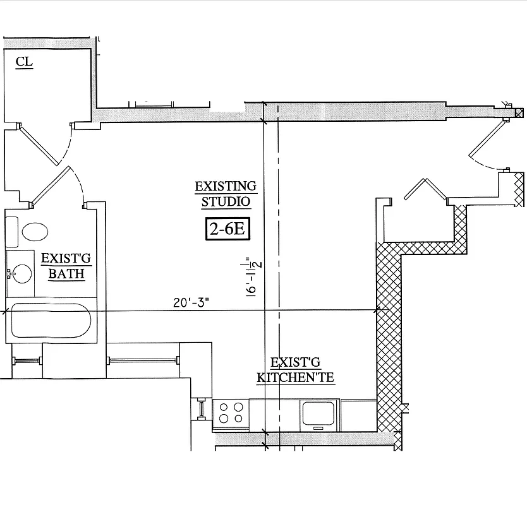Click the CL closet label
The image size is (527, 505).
point(24,61)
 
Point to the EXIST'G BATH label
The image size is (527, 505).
point(63,266)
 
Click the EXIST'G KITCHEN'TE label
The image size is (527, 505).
point(295,371)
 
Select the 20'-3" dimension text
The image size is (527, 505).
point(191,302)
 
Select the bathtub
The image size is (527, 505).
point(51,321)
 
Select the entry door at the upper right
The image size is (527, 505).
point(487,140)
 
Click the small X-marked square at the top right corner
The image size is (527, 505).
point(519,114)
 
